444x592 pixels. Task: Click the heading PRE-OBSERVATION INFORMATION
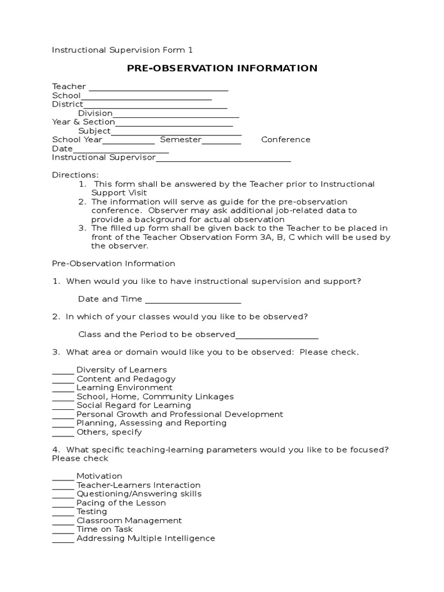tap(222, 68)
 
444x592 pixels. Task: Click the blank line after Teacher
tap(158, 88)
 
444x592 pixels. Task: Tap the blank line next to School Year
tap(128, 140)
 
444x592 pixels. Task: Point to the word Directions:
tap(75, 175)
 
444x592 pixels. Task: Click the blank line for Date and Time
tap(193, 300)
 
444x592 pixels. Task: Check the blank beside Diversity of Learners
tap(63, 371)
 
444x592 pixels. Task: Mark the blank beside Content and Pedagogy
tap(63, 380)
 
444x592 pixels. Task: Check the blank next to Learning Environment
tap(63, 388)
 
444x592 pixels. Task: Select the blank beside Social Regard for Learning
tap(63, 406)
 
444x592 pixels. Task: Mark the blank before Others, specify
tap(63, 433)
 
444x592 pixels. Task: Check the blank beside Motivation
tap(63, 477)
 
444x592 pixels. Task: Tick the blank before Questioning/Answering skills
tap(63, 495)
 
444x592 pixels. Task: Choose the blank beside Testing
tap(63, 512)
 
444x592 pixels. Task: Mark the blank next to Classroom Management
tap(63, 521)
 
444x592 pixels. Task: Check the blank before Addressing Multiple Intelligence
tap(63, 539)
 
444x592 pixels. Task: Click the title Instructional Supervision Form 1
tap(126, 50)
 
